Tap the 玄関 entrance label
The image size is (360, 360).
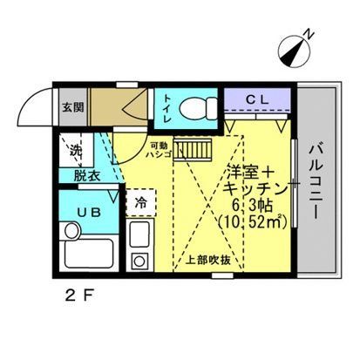tap(71, 108)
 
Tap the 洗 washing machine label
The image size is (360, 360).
tap(75, 152)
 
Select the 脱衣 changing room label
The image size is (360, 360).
tap(85, 174)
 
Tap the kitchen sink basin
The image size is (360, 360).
tap(140, 235)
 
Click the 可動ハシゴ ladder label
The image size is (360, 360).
tap(158, 152)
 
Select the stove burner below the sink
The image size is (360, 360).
tap(139, 261)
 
